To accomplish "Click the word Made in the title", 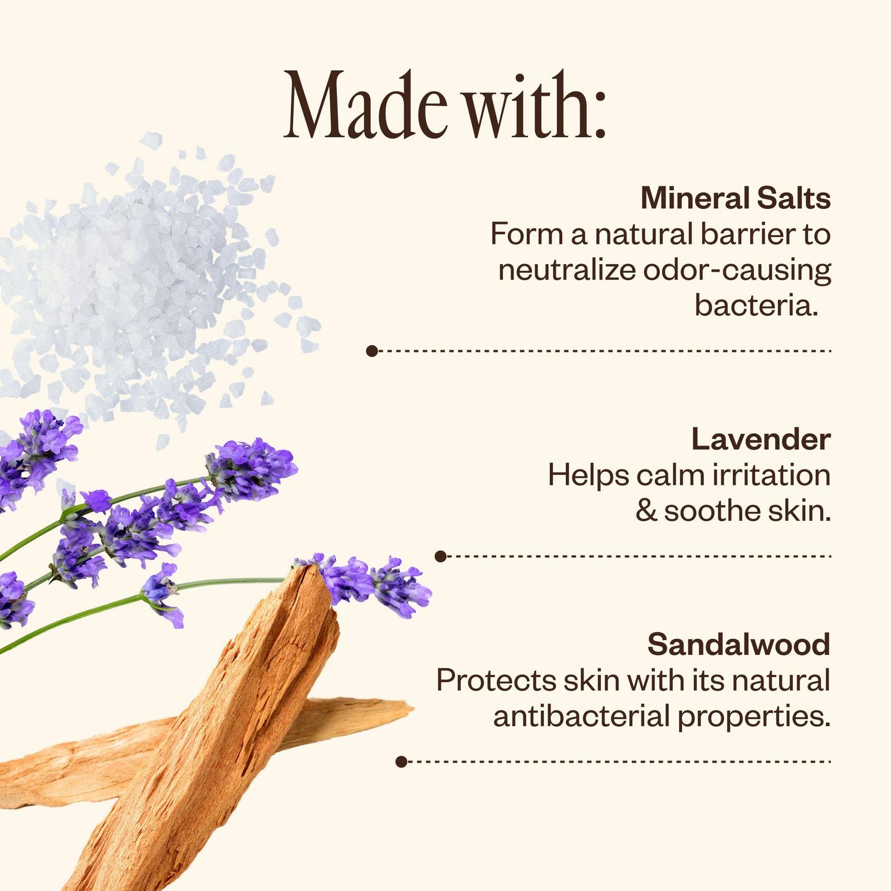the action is tap(365, 104).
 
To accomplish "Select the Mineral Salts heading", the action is tap(736, 198).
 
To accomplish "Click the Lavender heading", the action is tap(761, 439).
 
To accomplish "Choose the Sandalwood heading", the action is tap(739, 644).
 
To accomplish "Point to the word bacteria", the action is tap(756, 305).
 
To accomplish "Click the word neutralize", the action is tap(567, 270).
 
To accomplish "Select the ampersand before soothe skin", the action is tap(647, 511).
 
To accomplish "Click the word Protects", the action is tap(496, 681).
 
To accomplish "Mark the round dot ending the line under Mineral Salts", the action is tap(372, 351).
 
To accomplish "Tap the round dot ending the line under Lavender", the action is tap(440, 556).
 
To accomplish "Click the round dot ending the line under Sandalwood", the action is tap(401, 761).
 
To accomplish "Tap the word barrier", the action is tap(748, 234).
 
